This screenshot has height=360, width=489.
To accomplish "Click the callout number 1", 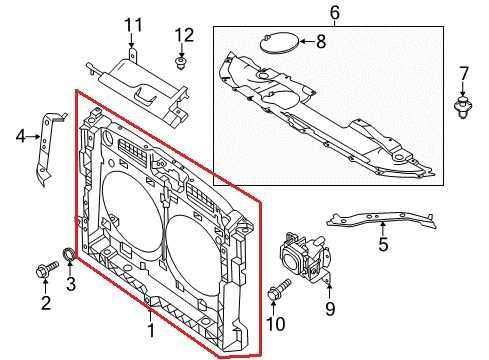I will pyautogui.click(x=151, y=328).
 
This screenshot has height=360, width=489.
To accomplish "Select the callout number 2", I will pyautogui.click(x=45, y=303).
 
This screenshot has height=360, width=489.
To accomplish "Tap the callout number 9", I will pyautogui.click(x=328, y=309).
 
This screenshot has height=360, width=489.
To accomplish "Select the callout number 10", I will pyautogui.click(x=280, y=323).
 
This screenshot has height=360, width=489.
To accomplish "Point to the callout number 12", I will pyautogui.click(x=182, y=36).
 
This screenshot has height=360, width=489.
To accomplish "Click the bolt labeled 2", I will pyautogui.click(x=47, y=268).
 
